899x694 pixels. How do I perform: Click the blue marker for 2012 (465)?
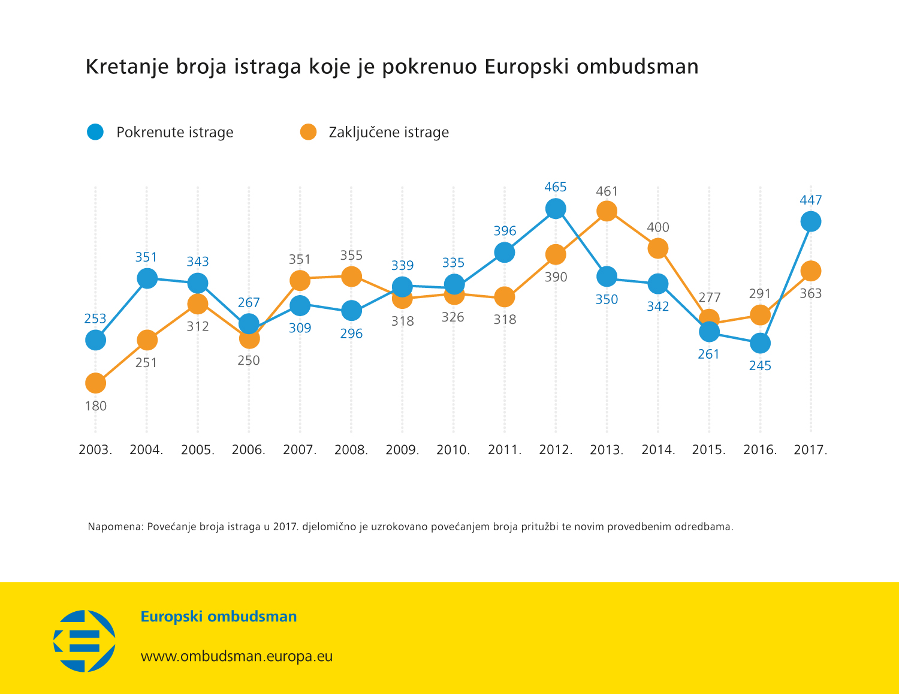coord(556,209)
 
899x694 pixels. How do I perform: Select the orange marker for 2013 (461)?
coord(607,211)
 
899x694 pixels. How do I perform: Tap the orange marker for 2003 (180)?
coord(95,383)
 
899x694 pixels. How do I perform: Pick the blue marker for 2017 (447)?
coord(811,221)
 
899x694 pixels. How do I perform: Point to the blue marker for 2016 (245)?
coord(760,343)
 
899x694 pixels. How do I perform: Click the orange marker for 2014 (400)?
coord(658,248)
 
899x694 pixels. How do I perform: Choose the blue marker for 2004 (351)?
coord(147,278)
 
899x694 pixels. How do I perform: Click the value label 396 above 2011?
coord(505,231)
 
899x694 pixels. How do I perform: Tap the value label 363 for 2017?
coord(811,293)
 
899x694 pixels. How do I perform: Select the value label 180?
coord(95,406)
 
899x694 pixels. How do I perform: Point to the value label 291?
coord(760,293)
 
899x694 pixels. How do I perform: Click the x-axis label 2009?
coord(402,450)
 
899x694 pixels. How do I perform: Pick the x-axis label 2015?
coord(709,450)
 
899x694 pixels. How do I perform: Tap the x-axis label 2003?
coord(95,450)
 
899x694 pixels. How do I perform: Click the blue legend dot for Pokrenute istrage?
coord(95,132)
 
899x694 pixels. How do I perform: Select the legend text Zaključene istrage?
coord(388,133)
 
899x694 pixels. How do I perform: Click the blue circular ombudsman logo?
coord(85,641)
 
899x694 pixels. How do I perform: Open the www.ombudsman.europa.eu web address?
coord(236,656)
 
